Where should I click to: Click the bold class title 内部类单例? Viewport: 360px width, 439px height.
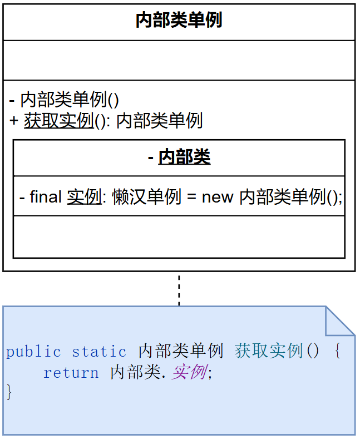pos(179,21)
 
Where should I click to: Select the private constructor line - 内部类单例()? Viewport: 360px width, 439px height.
pos(65,100)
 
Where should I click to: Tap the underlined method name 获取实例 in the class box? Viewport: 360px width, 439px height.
pos(58,121)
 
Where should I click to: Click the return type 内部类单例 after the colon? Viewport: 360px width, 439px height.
pos(159,121)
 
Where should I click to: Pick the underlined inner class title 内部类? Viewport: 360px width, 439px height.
pos(184,157)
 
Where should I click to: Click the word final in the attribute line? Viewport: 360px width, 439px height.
pos(46,196)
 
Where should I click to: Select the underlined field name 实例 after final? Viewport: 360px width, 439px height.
pos(84,196)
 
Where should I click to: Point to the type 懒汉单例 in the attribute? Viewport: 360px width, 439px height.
pos(146,196)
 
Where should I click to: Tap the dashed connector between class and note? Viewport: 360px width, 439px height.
pos(179,289)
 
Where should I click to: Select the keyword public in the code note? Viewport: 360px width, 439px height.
pos(33,352)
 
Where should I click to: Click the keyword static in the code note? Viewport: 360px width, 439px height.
pos(99,352)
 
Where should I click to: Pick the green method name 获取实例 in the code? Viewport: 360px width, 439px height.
pos(269,351)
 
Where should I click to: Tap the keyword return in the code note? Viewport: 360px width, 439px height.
pos(71,372)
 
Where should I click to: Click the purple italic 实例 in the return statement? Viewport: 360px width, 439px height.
pos(189,372)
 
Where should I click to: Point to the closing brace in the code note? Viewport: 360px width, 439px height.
pos(9,392)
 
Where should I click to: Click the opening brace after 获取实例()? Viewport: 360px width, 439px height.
pos(337,352)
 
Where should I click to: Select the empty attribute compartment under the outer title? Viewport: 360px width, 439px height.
pos(179,60)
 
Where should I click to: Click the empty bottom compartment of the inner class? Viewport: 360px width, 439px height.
pos(179,237)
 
